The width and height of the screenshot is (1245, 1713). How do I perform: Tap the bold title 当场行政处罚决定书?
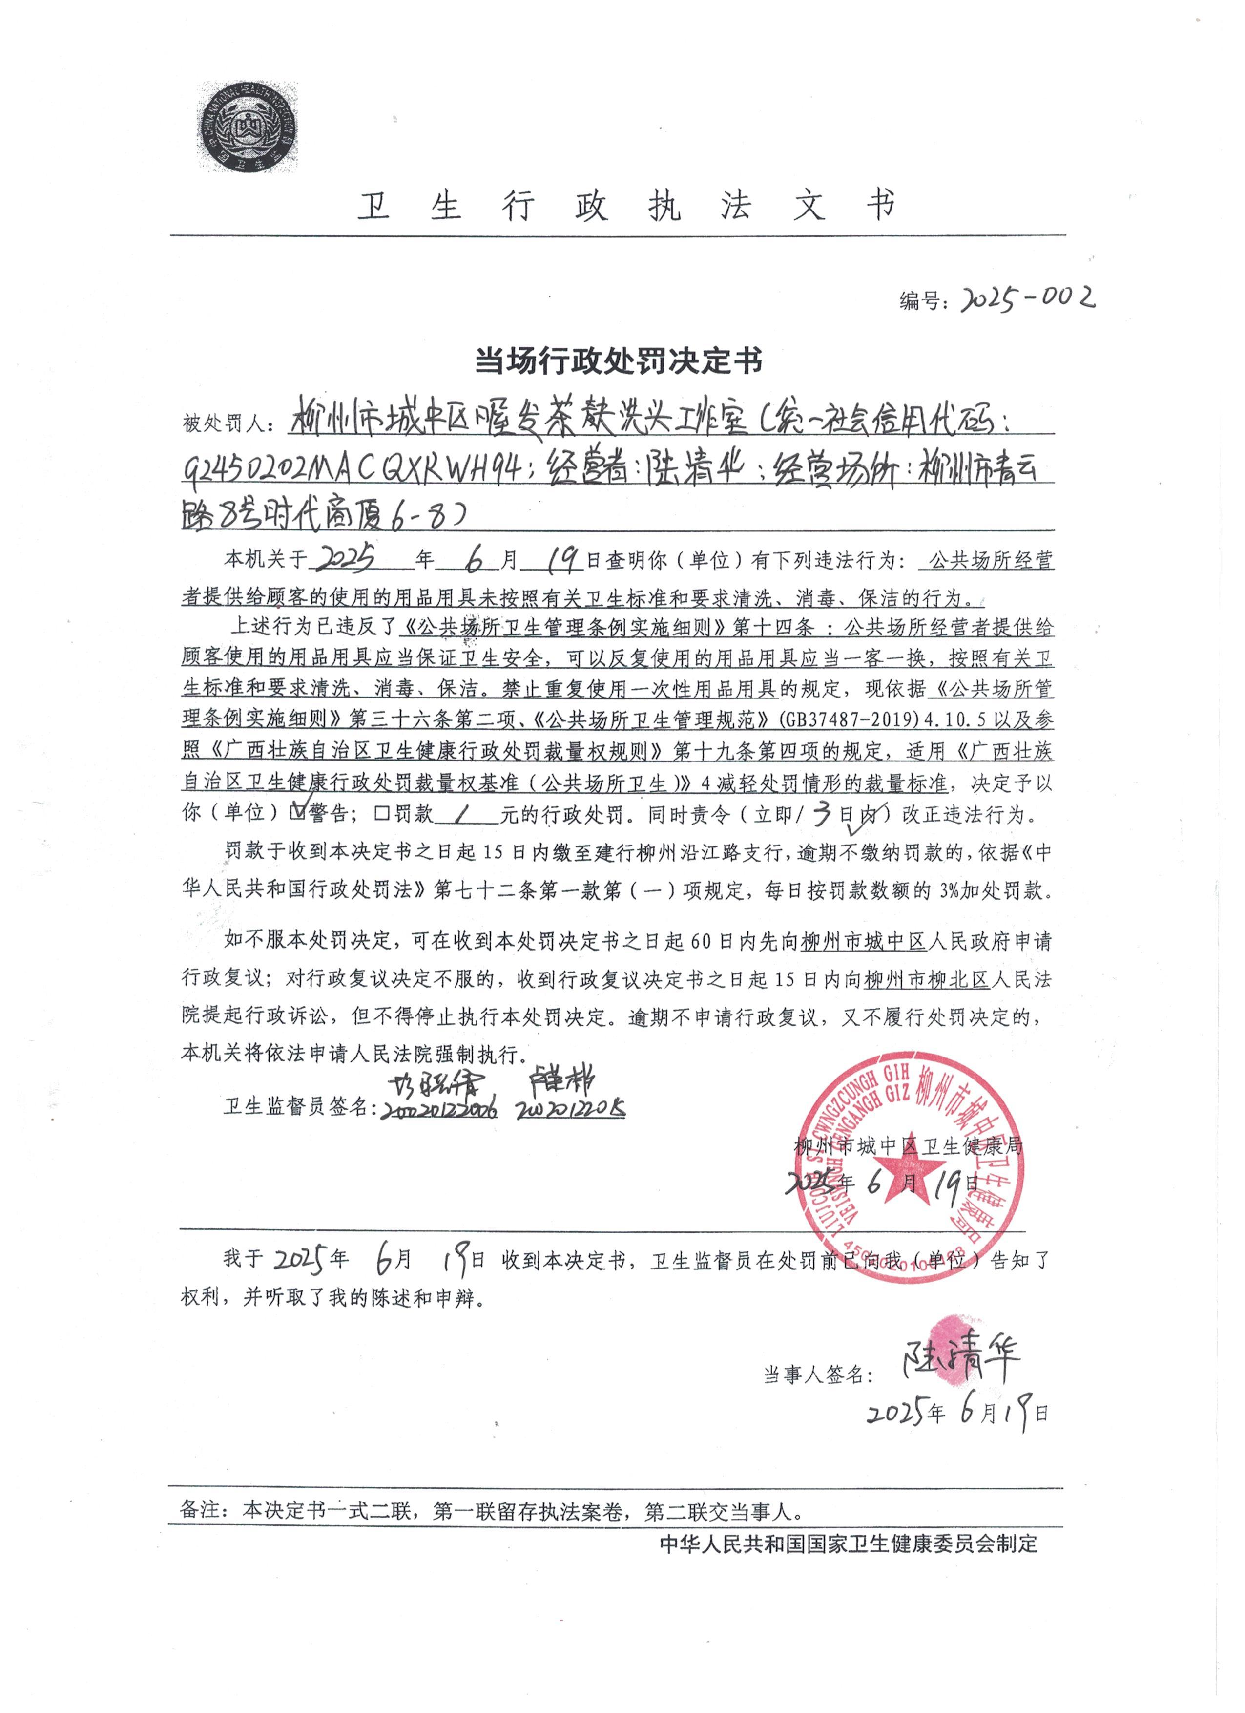click(x=618, y=361)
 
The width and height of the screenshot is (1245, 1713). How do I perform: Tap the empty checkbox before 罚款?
click(x=380, y=813)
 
